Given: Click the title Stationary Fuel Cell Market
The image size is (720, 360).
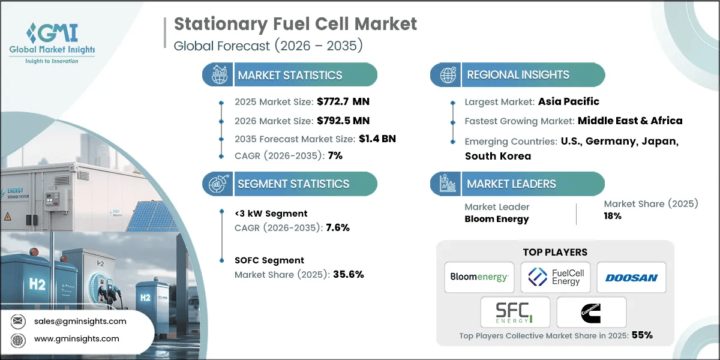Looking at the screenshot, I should pyautogui.click(x=295, y=25).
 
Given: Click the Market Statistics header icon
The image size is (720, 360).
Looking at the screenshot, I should pyautogui.click(x=217, y=75).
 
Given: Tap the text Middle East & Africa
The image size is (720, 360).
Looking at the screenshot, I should pyautogui.click(x=630, y=121).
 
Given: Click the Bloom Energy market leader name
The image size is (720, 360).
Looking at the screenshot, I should pyautogui.click(x=497, y=219).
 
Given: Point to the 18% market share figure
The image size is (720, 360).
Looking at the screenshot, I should pyautogui.click(x=613, y=216).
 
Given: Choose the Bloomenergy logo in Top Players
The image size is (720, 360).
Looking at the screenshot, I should pyautogui.click(x=479, y=277).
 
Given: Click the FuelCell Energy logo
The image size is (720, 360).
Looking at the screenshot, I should pyautogui.click(x=556, y=277).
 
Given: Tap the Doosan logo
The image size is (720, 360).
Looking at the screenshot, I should pyautogui.click(x=631, y=277).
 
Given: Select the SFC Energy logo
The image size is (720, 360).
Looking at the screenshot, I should pyautogui.click(x=515, y=312).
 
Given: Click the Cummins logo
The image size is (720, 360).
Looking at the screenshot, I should pyautogui.click(x=592, y=312).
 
